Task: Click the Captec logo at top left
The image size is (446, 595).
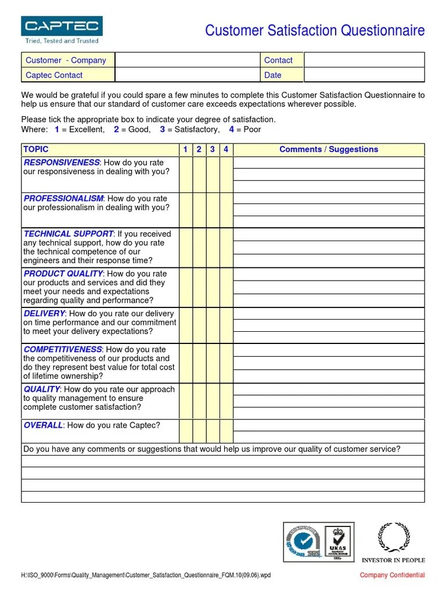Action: tap(62, 30)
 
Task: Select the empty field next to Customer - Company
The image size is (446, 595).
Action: tap(187, 60)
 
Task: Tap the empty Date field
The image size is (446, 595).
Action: tap(364, 75)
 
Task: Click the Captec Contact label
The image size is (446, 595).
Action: tap(53, 75)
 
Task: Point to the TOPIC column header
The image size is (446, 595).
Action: tap(37, 149)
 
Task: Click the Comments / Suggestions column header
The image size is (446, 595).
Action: tap(328, 149)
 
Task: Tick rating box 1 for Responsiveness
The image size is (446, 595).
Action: tap(186, 174)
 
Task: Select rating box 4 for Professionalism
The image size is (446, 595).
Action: tap(226, 210)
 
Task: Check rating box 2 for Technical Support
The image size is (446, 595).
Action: tap(199, 248)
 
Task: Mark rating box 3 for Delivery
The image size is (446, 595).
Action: tap(213, 325)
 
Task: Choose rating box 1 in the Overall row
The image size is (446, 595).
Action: tap(186, 431)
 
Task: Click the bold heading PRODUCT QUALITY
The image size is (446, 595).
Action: tap(63, 273)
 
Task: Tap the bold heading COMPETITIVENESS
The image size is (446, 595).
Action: tap(63, 349)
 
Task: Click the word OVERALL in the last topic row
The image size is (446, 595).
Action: tap(43, 425)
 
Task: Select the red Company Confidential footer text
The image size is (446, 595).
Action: tap(392, 575)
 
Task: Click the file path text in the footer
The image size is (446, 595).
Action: tap(146, 575)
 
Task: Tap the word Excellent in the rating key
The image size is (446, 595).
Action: tap(87, 130)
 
